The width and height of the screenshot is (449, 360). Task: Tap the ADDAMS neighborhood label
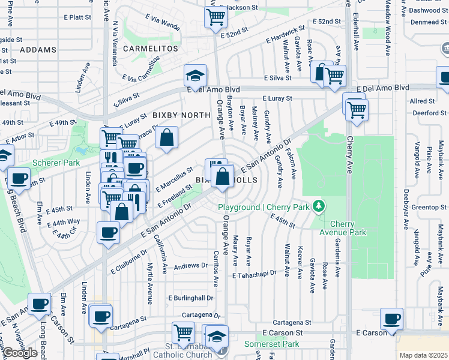pos(38,50)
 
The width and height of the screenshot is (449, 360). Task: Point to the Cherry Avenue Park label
pos(348,228)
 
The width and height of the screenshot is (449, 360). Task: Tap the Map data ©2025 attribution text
pos(423,355)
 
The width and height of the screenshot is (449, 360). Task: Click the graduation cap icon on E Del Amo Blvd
pos(195,76)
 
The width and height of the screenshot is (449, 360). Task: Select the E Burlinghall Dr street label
pos(191,298)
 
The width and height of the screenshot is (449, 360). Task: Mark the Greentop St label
pos(429,208)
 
